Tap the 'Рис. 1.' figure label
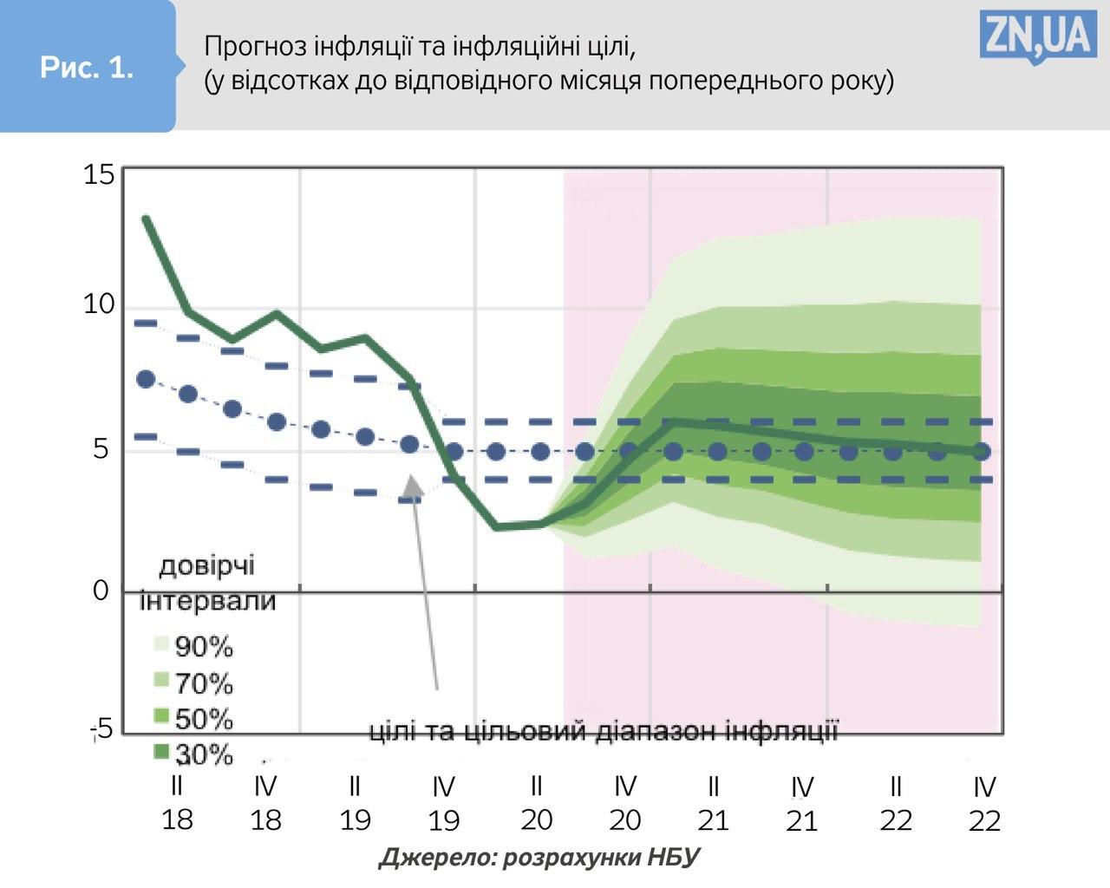(87, 68)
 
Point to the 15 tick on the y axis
(99, 175)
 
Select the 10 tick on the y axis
(99, 304)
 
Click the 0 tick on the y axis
(101, 591)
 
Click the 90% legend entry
(193, 646)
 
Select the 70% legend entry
(193, 683)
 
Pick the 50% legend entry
(193, 719)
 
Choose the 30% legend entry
(193, 754)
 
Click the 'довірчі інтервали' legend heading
(207, 583)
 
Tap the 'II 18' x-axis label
(177, 803)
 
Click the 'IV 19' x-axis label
(443, 803)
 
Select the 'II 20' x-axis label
(536, 803)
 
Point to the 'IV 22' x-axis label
(984, 803)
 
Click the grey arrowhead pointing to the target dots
(414, 486)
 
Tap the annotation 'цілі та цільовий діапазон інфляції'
(604, 731)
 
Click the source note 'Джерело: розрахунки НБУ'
(539, 858)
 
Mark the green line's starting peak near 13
(146, 219)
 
